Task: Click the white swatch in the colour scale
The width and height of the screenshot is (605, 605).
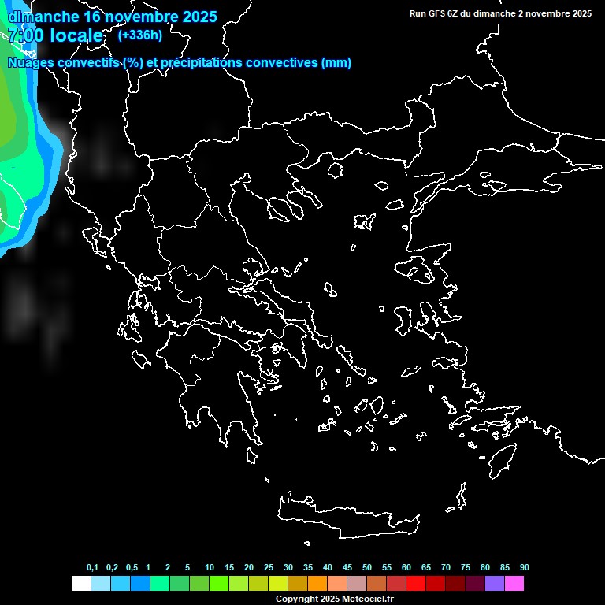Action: point(80,584)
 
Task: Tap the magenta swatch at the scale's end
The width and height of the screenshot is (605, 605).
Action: point(514,584)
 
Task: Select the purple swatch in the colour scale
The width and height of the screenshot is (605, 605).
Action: point(495,584)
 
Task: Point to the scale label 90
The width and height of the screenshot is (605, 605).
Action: point(524,568)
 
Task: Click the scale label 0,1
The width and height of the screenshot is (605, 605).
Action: point(92,568)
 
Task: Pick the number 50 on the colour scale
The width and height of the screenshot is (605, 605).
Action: point(367,568)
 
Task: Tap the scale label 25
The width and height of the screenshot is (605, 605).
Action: point(269,568)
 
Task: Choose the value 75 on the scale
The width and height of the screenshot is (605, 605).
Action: point(466,568)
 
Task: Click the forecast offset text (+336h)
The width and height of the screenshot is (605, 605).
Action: point(139,35)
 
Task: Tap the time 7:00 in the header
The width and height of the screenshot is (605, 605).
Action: point(25,35)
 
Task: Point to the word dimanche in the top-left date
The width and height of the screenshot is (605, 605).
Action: point(38,16)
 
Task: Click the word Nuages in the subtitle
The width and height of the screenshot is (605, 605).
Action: point(31,63)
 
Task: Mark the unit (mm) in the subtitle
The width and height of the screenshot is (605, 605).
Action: point(336,63)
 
